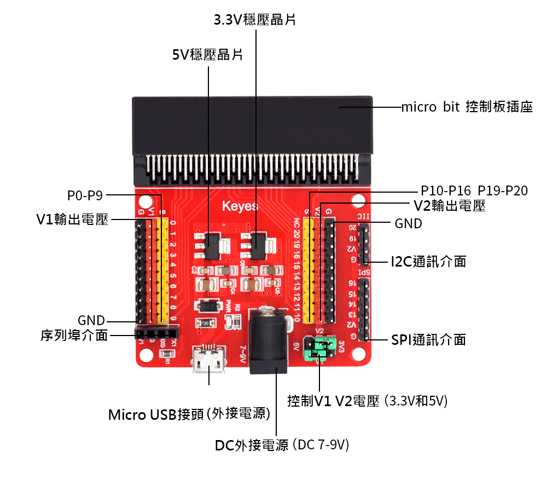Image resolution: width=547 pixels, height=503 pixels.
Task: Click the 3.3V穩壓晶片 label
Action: (x=255, y=20)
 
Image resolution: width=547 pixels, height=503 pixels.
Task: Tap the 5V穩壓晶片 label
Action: (x=208, y=55)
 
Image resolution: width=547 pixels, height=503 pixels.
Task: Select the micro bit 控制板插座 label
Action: (x=467, y=107)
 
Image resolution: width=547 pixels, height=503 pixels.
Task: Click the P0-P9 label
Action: (x=85, y=194)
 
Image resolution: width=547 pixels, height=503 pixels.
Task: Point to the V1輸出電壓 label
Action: (x=72, y=219)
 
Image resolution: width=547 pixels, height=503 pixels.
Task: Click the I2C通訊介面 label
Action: (x=428, y=261)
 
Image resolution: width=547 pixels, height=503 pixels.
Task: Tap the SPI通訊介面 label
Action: (x=428, y=339)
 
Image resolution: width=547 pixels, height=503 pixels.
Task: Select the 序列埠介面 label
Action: (x=74, y=335)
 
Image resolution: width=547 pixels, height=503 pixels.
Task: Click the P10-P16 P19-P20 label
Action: (x=474, y=191)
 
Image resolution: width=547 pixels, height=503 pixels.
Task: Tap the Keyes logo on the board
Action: (x=240, y=206)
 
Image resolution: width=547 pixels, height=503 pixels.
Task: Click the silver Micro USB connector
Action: (x=208, y=361)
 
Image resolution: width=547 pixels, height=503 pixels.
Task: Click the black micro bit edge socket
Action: (x=252, y=126)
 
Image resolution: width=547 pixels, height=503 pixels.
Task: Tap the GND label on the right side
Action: (x=408, y=223)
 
